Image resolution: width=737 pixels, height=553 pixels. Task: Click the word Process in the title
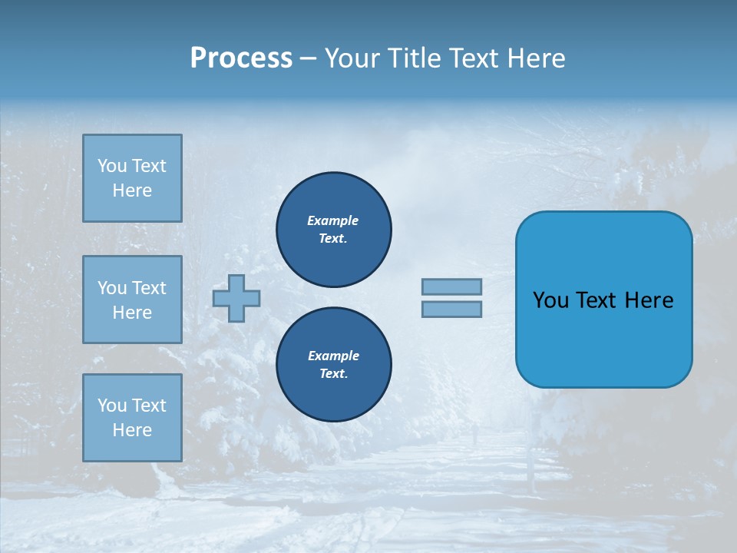pyautogui.click(x=241, y=58)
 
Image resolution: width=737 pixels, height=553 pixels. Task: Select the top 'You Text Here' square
pyautogui.click(x=132, y=178)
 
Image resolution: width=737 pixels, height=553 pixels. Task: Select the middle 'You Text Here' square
pyautogui.click(x=132, y=300)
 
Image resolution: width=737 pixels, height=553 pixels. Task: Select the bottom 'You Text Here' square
pyautogui.click(x=132, y=418)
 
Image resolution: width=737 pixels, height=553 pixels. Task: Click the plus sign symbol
pyautogui.click(x=236, y=298)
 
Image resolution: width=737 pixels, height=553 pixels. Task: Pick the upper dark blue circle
pyautogui.click(x=334, y=230)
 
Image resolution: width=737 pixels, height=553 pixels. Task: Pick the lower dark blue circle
pyautogui.click(x=334, y=365)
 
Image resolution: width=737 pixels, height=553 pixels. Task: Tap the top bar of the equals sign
pyautogui.click(x=451, y=286)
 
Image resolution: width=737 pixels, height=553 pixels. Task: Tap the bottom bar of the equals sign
pyautogui.click(x=451, y=309)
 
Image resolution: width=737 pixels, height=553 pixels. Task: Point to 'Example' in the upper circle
pyautogui.click(x=333, y=220)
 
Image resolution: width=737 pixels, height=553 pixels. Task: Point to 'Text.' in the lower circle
pyautogui.click(x=333, y=374)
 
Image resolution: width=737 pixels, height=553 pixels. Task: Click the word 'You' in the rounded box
pyautogui.click(x=550, y=300)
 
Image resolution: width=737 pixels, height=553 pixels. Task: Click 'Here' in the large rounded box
pyautogui.click(x=649, y=300)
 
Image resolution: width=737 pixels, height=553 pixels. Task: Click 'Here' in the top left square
pyautogui.click(x=132, y=190)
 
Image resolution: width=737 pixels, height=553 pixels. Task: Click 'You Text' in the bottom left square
pyautogui.click(x=132, y=406)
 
